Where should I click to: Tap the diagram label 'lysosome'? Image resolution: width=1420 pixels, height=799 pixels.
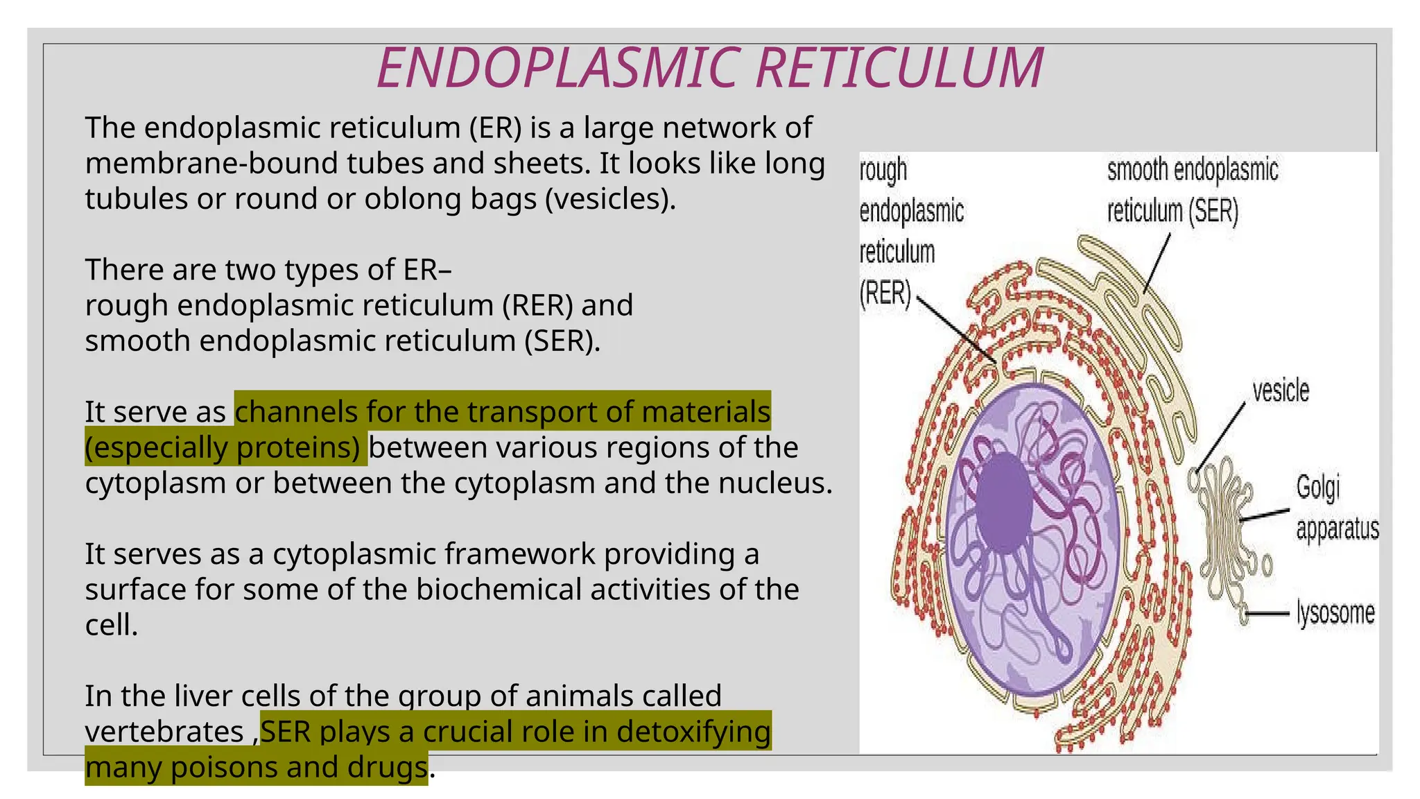point(1335,613)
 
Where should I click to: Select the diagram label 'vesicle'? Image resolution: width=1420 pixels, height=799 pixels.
point(1281,391)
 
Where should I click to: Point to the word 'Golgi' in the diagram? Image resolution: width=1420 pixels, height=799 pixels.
point(1317,488)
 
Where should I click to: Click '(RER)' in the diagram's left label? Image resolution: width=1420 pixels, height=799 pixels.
point(885,293)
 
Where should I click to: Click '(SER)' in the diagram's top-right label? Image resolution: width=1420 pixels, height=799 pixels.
point(1213,211)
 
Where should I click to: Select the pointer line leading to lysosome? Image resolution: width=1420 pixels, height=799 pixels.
point(1269,614)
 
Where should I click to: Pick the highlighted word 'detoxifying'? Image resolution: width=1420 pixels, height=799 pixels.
point(693,732)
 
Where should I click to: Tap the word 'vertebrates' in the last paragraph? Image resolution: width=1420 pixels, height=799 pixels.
point(164,732)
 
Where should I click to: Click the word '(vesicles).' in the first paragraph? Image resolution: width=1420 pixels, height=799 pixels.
point(610,199)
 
